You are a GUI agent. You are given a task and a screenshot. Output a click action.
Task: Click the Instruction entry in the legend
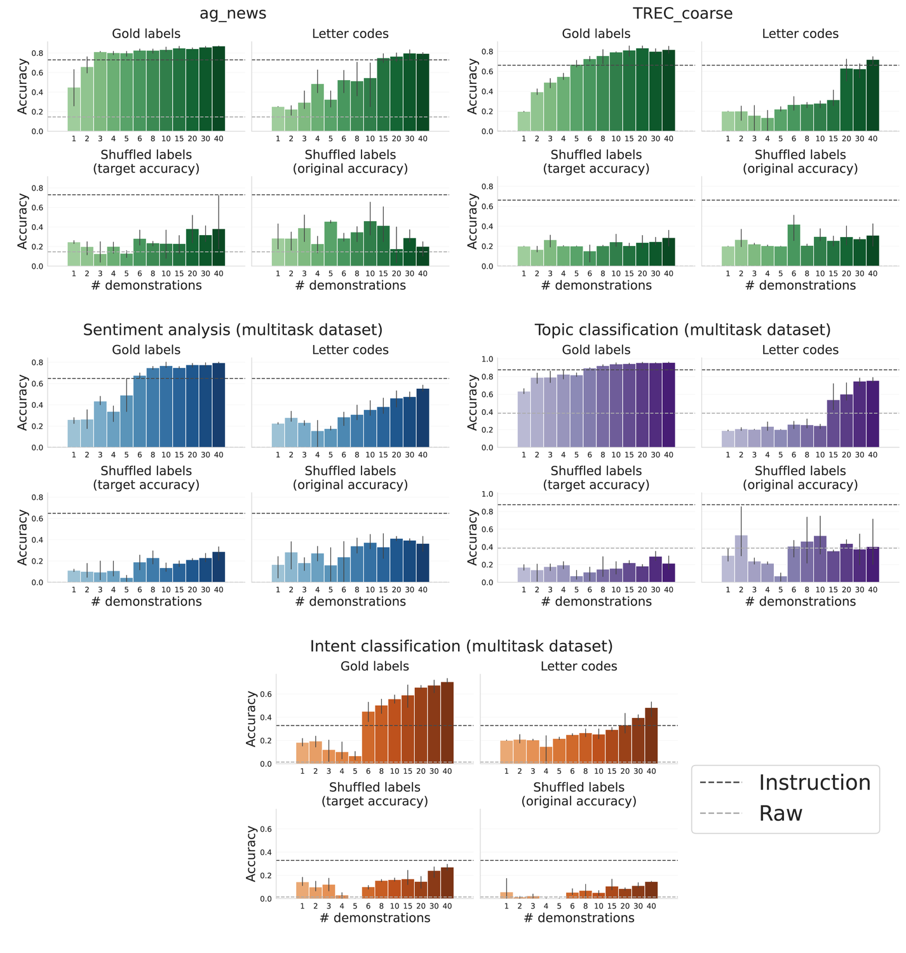click(x=814, y=783)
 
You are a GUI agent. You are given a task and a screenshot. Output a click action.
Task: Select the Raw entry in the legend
click(x=780, y=814)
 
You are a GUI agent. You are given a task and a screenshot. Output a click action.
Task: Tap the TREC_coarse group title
click(x=682, y=13)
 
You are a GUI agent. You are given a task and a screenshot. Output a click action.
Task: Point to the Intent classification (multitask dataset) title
click(x=461, y=646)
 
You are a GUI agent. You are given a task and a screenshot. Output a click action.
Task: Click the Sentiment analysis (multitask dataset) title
click(x=233, y=330)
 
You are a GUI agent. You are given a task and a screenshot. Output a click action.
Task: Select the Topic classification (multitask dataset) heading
click(x=682, y=330)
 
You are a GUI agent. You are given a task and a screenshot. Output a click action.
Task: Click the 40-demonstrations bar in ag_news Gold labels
click(x=219, y=89)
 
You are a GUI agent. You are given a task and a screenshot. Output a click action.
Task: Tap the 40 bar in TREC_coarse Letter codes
click(x=872, y=95)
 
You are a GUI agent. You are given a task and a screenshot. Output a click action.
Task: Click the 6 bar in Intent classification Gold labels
click(x=368, y=738)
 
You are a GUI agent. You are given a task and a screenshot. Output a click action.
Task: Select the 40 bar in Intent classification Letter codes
click(x=651, y=736)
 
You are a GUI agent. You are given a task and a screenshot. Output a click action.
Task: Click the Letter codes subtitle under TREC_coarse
click(x=800, y=34)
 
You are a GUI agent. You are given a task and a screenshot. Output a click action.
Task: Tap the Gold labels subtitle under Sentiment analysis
click(x=146, y=350)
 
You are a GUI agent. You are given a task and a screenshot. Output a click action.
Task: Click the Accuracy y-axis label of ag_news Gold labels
click(x=23, y=86)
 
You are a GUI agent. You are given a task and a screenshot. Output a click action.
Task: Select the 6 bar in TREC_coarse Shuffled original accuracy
click(x=794, y=245)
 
